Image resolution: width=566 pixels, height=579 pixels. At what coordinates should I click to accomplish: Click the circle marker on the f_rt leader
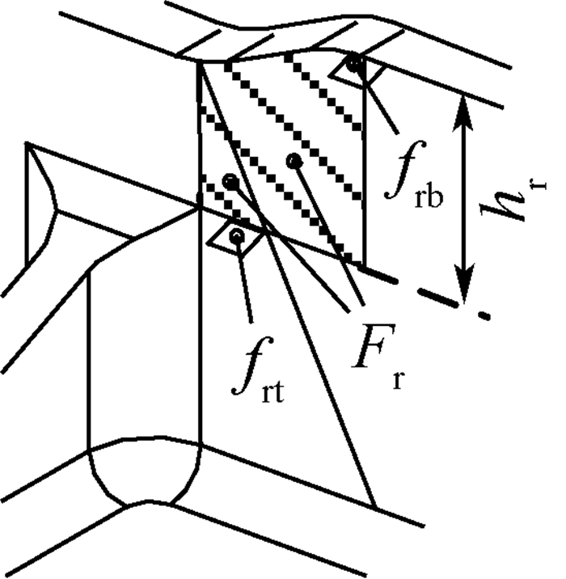point(236,236)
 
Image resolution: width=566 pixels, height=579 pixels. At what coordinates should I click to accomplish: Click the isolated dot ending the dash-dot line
point(484,313)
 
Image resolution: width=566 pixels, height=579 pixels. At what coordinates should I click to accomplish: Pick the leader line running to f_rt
point(243,279)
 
